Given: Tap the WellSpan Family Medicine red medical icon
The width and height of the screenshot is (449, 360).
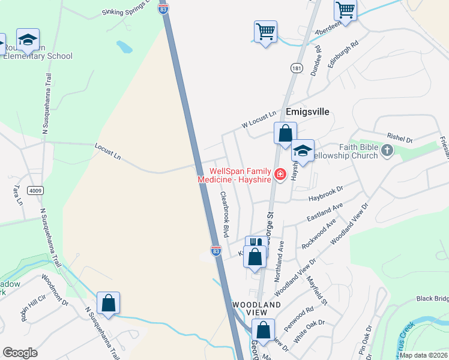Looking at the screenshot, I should [280, 175].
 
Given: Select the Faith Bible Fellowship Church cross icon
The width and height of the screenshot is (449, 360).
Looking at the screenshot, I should [387, 150].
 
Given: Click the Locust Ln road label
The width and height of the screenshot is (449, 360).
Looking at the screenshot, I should [108, 151].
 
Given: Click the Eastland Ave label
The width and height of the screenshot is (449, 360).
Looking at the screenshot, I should [324, 211].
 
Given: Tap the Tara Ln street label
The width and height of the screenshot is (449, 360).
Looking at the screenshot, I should [16, 193].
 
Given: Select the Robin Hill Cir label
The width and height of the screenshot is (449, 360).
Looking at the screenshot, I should [33, 306].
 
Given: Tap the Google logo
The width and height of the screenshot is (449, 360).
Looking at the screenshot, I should [20, 353].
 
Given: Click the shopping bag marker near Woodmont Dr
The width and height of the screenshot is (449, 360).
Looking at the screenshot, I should [108, 303].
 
